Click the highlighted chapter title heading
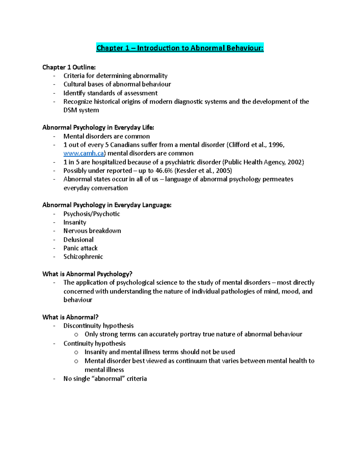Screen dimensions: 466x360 coord(180,48)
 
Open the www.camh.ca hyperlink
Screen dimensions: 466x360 coord(84,153)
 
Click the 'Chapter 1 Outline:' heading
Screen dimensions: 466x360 coord(69,67)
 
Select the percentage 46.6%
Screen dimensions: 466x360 coord(164,171)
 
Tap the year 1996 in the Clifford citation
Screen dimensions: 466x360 coord(275,145)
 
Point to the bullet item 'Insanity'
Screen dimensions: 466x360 coord(75,222)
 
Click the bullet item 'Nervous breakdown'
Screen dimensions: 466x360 coord(92,231)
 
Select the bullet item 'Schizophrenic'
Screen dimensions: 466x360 coord(83,257)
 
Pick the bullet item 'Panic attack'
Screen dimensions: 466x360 coord(80,248)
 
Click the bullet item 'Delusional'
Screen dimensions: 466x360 coord(78,240)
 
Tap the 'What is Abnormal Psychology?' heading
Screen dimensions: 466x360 coord(87,274)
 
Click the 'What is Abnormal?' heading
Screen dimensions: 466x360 coord(70,317)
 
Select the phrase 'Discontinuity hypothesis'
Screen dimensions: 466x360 coord(98,326)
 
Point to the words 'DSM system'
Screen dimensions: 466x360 coord(81,110)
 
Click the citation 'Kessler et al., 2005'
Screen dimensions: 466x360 coord(203,171)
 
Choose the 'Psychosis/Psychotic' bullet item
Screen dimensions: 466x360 coord(91,214)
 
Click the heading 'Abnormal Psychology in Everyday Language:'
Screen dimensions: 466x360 coord(107,205)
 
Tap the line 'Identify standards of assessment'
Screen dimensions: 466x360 coord(110,93)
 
